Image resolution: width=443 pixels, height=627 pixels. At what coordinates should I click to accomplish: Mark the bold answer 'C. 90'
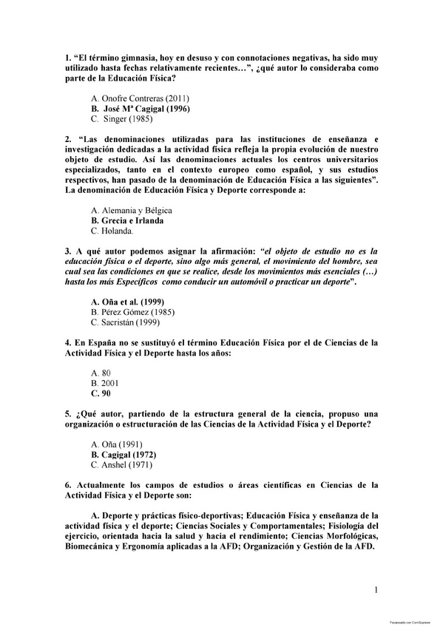tap(101, 394)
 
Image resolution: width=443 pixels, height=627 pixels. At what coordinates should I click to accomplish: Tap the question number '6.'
tap(68, 486)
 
